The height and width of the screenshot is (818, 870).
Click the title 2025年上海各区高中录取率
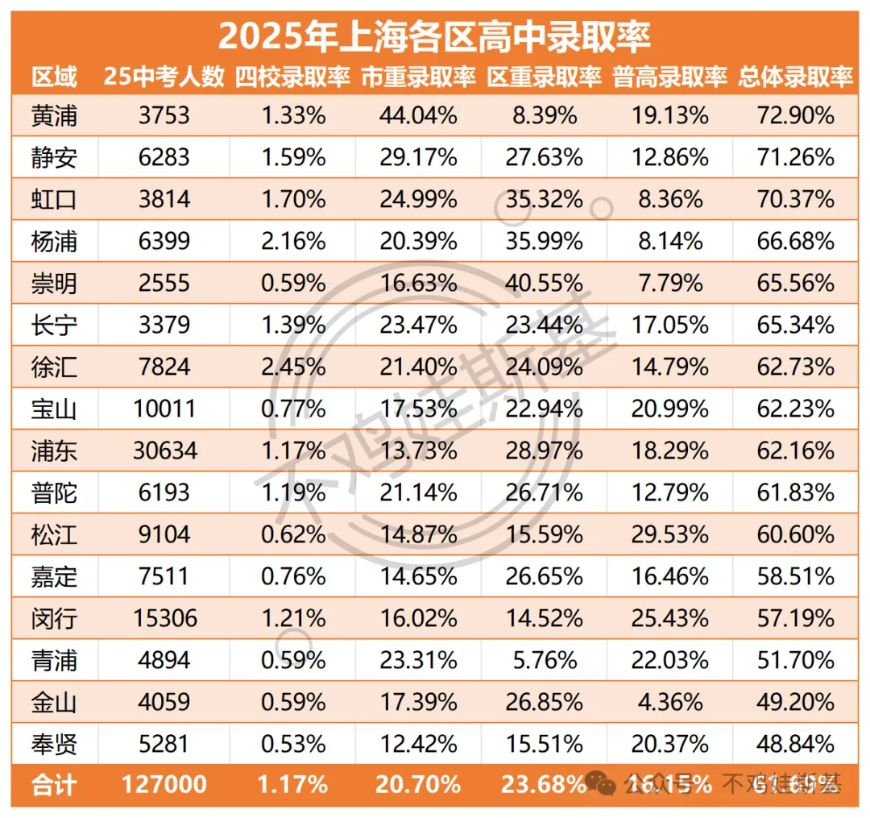434,35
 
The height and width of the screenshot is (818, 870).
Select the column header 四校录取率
292,77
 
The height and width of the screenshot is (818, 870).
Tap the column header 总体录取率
795,77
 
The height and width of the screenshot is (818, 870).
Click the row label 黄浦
55,115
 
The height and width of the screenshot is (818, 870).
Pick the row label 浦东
55,450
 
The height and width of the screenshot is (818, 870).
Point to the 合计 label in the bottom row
55,784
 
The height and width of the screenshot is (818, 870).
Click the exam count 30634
164,450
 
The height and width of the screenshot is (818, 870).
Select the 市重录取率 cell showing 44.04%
418,115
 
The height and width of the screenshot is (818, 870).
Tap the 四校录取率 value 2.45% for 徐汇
292,366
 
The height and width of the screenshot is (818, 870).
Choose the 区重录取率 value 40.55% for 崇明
544,282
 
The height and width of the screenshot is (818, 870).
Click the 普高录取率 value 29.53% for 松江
669,534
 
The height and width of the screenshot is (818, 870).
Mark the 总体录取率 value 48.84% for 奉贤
795,742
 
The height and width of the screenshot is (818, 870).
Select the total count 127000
164,784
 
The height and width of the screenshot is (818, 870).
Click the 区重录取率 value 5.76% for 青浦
544,659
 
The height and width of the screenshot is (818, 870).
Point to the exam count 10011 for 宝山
164,408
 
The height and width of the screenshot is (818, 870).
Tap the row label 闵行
55,617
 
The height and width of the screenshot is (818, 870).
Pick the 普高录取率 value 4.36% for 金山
669,701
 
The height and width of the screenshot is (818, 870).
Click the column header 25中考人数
164,77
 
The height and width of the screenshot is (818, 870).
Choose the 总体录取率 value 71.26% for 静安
795,157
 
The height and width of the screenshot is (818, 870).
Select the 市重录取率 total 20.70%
418,784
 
